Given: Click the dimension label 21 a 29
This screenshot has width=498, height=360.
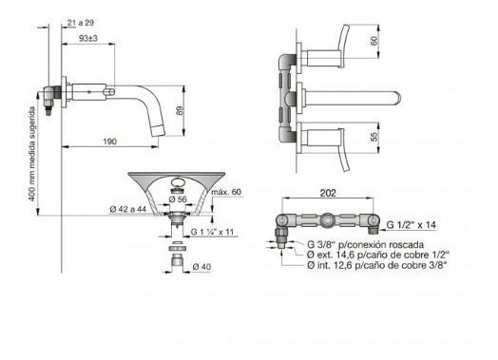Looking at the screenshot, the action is pos(81,23).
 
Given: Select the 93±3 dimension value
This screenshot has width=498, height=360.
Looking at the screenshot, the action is pos(88,38).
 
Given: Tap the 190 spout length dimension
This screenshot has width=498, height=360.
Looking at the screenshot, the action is pos(110,142).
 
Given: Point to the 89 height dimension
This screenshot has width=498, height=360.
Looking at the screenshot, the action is pos(180,110).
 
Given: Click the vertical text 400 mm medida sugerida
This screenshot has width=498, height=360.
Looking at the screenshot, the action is pos(31,154).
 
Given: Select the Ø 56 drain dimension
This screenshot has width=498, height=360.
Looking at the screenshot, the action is pos(178,199).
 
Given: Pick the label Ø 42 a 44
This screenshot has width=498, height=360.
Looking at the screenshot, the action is pos(128,209).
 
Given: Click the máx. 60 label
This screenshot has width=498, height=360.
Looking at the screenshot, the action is pos(226,192).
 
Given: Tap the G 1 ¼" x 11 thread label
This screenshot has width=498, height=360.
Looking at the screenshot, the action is pos(212,232).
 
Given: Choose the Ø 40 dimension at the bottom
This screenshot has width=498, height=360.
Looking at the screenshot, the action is pos(201,267).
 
